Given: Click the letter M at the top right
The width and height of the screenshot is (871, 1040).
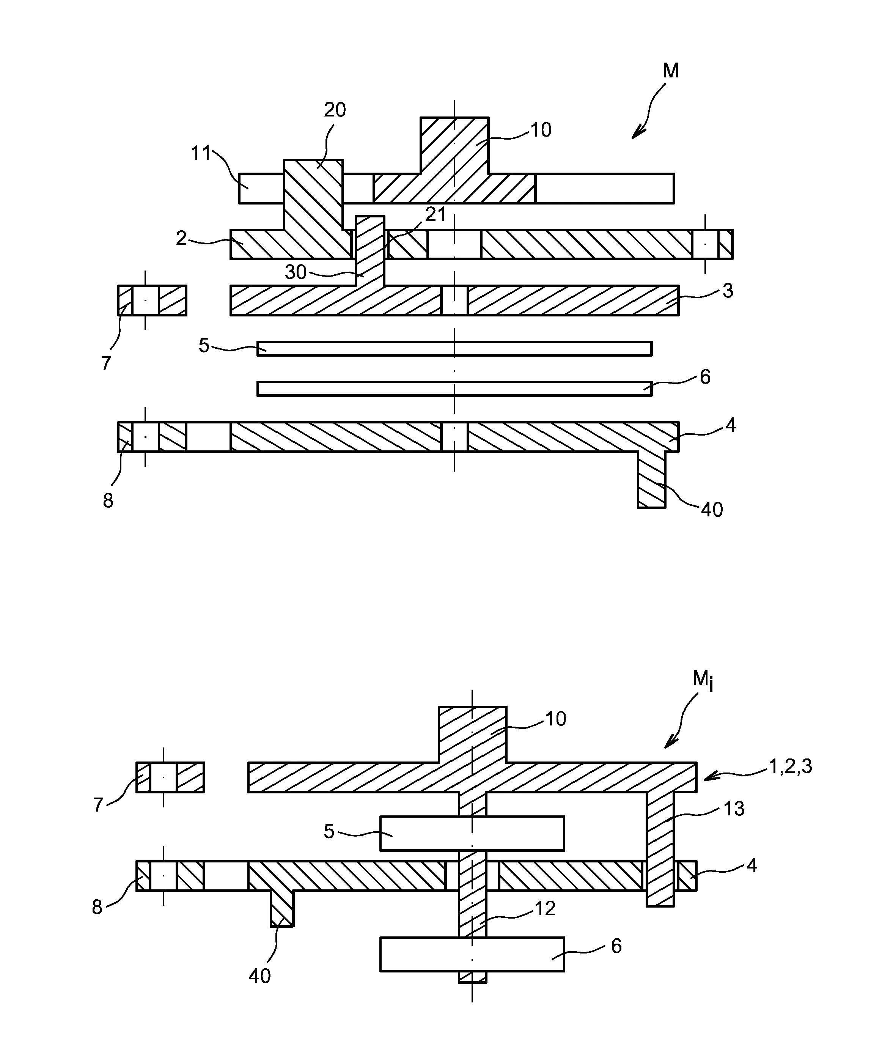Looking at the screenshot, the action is [x=670, y=71].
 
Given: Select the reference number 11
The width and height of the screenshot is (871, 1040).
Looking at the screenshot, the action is [x=201, y=154].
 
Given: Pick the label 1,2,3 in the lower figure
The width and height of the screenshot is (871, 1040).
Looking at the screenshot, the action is [x=790, y=767].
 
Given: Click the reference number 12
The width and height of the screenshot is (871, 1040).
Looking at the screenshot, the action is [x=545, y=909].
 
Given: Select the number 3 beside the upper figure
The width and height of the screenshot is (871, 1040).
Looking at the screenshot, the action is [x=727, y=291].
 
